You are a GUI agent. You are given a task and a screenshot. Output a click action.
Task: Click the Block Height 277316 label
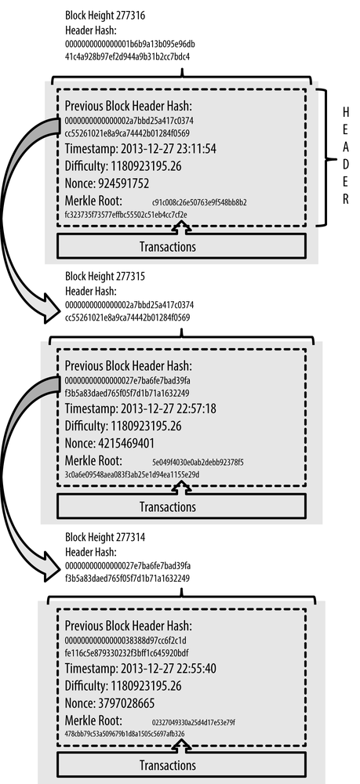105,16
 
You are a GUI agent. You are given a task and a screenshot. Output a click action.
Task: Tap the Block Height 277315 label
105,277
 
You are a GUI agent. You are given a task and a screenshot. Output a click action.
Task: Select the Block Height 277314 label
105,538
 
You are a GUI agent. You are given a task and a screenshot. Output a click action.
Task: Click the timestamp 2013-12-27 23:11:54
169,149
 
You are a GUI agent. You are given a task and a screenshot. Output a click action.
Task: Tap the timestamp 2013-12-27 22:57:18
169,409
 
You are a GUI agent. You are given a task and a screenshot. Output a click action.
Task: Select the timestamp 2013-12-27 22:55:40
169,669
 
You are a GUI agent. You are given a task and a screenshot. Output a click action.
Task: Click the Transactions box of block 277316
181,246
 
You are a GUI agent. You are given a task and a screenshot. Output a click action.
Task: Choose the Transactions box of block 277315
181,506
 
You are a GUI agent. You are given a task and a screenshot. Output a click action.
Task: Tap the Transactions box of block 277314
181,765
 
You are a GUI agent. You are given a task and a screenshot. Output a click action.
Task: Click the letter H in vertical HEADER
346,111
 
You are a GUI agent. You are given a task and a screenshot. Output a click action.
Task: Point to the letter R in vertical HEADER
346,199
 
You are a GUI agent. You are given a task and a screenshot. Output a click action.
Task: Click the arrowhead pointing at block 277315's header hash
51,309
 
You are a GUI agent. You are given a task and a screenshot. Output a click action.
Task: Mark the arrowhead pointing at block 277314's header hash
51,566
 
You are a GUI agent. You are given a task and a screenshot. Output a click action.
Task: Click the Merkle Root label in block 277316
93,201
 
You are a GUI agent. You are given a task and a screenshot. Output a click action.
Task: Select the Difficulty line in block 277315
123,426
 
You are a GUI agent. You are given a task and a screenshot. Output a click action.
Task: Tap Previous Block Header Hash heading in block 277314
129,626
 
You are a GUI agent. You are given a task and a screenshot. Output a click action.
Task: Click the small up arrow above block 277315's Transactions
181,488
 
